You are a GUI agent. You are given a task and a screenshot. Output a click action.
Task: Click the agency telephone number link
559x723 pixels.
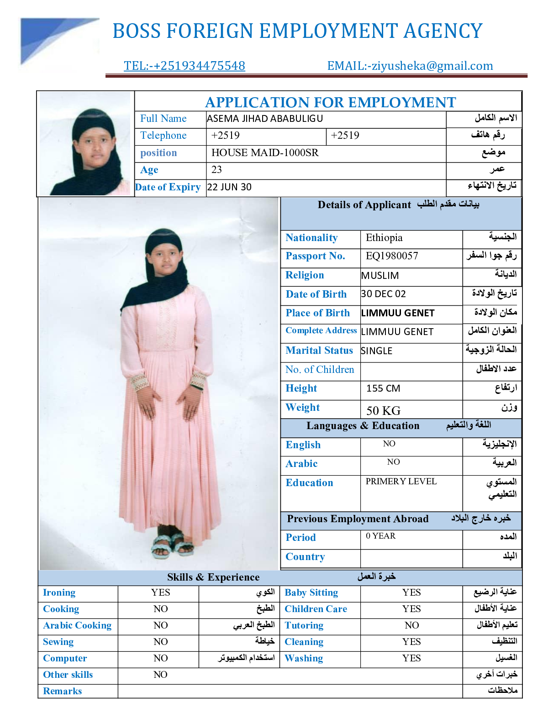184,66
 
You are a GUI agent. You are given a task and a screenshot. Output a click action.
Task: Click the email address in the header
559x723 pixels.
410,66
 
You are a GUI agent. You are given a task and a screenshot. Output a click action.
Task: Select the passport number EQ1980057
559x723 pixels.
391,256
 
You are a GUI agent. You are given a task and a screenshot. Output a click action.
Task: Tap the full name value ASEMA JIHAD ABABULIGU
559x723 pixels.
264,119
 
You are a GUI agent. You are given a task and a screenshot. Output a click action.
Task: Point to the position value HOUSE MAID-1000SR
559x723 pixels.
265,153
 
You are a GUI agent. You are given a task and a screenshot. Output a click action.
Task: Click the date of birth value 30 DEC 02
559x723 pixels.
383,294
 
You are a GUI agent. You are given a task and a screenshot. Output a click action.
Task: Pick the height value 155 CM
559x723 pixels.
383,388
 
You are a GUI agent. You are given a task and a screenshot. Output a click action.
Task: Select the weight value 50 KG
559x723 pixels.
383,410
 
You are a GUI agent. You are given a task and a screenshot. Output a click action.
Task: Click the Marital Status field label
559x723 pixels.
319,351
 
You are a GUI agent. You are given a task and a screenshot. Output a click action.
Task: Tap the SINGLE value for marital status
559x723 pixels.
376,351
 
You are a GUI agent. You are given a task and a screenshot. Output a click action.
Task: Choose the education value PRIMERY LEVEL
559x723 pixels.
401,482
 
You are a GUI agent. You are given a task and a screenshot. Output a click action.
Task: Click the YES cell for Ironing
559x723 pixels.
160,592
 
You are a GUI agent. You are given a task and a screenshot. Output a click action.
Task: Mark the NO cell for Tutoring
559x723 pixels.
411,625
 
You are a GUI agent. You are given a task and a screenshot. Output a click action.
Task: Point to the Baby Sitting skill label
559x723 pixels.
311,592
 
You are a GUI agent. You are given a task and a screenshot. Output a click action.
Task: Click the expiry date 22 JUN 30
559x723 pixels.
229,187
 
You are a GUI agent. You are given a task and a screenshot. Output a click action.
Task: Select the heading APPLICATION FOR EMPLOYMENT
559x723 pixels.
330,102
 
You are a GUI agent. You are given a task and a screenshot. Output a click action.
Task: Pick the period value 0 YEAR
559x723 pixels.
380,536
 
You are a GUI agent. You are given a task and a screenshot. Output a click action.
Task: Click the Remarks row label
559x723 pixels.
63,691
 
